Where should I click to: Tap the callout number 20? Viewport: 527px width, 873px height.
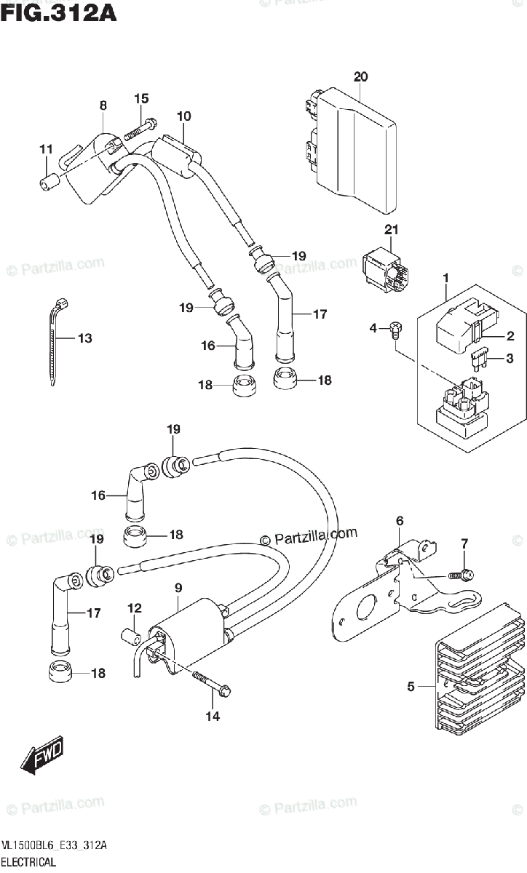coord(360,76)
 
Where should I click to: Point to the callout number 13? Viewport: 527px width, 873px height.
coord(85,338)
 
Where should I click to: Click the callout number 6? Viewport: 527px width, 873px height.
coord(400,520)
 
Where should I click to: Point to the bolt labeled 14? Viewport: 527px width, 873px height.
coord(211,682)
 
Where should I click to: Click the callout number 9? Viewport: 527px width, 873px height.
coord(178,588)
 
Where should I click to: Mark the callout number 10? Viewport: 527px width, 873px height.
coord(183,116)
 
